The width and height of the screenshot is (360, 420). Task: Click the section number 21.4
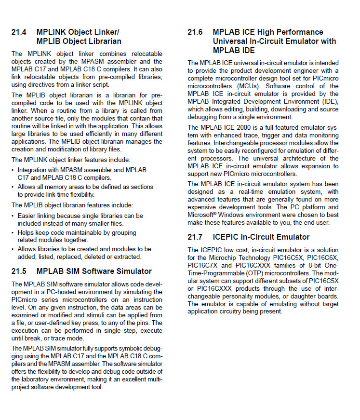point(19,32)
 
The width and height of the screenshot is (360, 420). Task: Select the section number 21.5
point(19,271)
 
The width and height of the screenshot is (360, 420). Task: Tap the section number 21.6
point(195,32)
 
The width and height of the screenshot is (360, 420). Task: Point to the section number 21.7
point(195,237)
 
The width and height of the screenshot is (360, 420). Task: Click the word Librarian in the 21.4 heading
point(103,41)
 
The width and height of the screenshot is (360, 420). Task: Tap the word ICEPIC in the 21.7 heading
point(226,237)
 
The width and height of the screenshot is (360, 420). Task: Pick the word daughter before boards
point(303,296)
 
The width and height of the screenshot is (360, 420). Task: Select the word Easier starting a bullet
point(27,216)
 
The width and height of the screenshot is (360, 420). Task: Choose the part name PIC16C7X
point(203,265)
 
